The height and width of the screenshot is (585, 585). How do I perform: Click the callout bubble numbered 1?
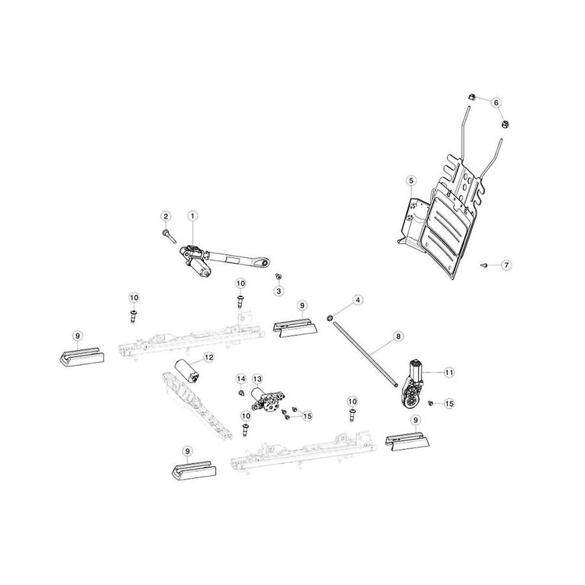click(x=192, y=216)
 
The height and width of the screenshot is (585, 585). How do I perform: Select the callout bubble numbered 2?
click(x=166, y=216)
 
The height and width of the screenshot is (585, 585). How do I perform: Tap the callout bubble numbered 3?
click(x=278, y=291)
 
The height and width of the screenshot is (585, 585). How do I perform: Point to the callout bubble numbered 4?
click(x=357, y=300)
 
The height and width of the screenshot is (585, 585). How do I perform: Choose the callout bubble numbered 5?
click(x=411, y=181)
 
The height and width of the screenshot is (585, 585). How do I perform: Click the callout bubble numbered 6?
click(x=496, y=102)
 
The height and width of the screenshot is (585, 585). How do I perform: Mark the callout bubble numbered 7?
click(x=506, y=265)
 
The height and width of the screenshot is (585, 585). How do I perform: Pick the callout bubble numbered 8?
click(x=398, y=336)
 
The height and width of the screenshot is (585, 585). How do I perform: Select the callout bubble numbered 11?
click(x=448, y=372)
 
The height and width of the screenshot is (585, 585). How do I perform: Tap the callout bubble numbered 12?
click(x=209, y=357)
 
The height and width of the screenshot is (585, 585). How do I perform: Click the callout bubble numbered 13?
click(x=257, y=380)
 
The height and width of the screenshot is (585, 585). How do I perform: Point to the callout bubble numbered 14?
click(x=241, y=379)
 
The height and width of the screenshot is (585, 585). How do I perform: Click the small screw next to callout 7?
click(x=484, y=265)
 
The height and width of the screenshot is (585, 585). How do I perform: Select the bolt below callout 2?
click(x=169, y=237)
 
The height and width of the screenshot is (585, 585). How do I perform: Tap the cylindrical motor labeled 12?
click(x=187, y=371)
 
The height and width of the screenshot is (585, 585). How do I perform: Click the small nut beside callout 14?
click(x=241, y=393)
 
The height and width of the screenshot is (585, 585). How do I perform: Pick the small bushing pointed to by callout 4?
click(x=330, y=318)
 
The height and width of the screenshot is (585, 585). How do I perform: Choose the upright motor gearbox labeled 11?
click(x=412, y=385)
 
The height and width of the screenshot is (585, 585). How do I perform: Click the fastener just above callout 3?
click(x=278, y=276)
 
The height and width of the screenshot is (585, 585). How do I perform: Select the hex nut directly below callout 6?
click(x=505, y=124)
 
